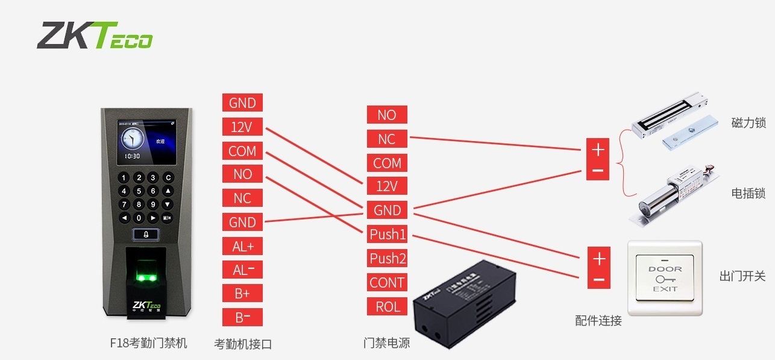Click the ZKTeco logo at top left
[95, 36]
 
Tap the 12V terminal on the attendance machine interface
[242, 127]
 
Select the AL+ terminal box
[242, 246]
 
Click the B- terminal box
[242, 317]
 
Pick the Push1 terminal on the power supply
[388, 234]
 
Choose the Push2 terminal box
[388, 259]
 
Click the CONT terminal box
[388, 282]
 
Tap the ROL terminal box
[388, 306]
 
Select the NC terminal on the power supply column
[387, 139]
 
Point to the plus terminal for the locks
[598, 148]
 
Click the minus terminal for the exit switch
[598, 279]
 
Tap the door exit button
[665, 278]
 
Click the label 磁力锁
[748, 123]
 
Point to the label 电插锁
[748, 194]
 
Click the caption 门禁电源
[387, 343]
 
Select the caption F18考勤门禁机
[148, 343]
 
